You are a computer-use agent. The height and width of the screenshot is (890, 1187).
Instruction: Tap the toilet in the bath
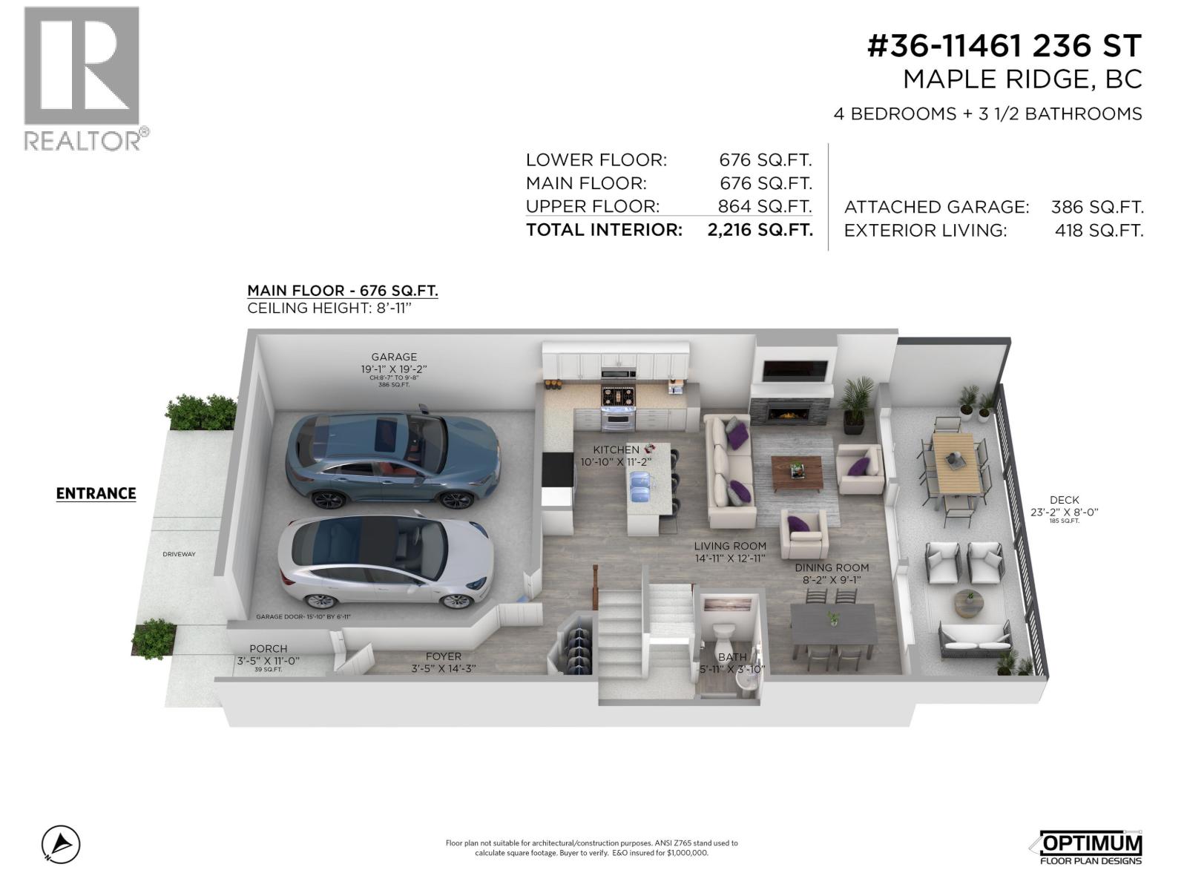[x=722, y=636]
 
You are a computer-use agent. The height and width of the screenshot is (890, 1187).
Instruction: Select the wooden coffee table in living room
[x=797, y=473]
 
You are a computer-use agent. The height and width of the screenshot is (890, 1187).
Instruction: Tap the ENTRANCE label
[x=96, y=493]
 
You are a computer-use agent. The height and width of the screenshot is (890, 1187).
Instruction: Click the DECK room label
[x=1065, y=500]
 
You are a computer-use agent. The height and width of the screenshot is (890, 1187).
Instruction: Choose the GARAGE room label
[x=394, y=357]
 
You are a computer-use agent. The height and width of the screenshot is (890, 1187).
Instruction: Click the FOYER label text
[x=443, y=656]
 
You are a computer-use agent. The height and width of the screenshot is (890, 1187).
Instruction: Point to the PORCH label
[x=268, y=648]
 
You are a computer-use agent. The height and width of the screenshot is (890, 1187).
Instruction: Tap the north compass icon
[x=61, y=845]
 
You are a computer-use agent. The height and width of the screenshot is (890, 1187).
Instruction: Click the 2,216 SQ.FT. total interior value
[x=760, y=230]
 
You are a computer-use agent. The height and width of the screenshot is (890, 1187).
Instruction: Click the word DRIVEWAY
[x=179, y=554]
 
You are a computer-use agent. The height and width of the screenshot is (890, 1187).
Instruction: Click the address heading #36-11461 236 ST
[x=1004, y=46]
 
